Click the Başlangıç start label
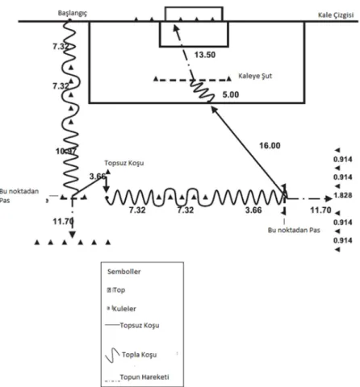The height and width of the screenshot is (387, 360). click(x=73, y=13)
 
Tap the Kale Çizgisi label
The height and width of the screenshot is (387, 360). click(x=336, y=15)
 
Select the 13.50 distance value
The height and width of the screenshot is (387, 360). click(x=205, y=55)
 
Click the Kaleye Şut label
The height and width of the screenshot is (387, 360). click(x=255, y=76)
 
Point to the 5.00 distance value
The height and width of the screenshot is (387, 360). click(x=231, y=94)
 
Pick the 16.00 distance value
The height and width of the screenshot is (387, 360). click(x=270, y=146)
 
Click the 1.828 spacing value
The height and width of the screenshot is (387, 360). click(x=343, y=195)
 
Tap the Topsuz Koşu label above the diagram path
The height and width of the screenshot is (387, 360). click(x=124, y=163)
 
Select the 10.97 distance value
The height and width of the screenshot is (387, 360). click(x=66, y=152)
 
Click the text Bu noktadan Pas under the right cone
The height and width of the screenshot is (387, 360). click(x=294, y=231)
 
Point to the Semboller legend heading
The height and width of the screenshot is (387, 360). click(x=123, y=272)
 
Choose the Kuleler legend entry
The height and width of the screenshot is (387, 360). click(x=123, y=309)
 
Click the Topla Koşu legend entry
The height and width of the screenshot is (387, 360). click(x=139, y=355)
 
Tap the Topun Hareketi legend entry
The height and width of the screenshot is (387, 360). click(x=144, y=377)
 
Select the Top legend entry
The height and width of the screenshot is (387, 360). click(x=119, y=290)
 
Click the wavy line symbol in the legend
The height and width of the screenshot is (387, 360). click(x=112, y=356)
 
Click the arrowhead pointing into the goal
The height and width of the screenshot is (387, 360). click(x=175, y=27)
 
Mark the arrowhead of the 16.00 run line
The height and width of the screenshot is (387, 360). click(x=214, y=109)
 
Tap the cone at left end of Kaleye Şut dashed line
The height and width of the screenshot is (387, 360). click(x=156, y=79)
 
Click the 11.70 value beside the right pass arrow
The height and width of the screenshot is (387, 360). click(x=320, y=210)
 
